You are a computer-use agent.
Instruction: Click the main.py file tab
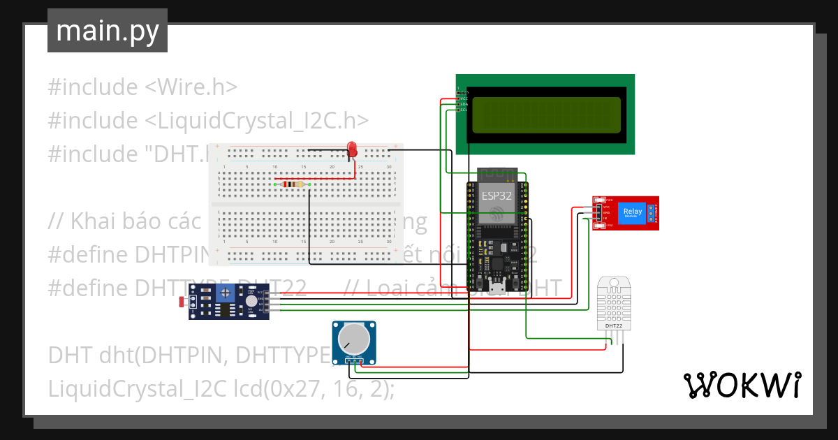(x=108, y=31)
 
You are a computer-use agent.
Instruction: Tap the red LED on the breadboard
(x=353, y=148)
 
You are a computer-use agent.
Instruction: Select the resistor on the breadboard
(x=292, y=184)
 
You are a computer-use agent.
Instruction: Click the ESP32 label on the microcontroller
(x=497, y=196)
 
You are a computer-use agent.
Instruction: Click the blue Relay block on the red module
(x=632, y=212)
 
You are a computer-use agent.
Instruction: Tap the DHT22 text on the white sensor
(x=613, y=326)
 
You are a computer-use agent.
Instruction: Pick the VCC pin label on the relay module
(x=606, y=207)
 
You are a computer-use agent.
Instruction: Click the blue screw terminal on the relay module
(x=651, y=212)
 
